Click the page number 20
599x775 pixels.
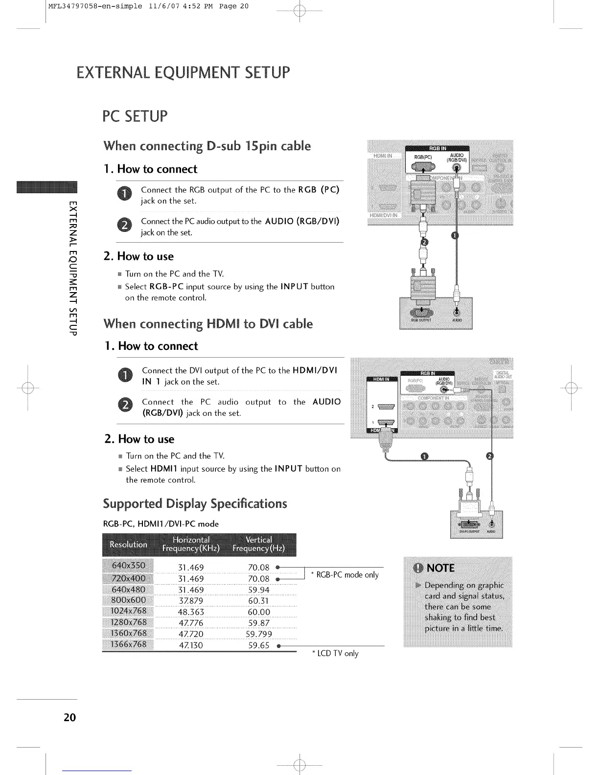coord(69,717)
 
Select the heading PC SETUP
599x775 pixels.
coord(135,116)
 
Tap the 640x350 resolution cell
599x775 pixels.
coord(128,566)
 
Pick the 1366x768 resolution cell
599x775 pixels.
coord(128,644)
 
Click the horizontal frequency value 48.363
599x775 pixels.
coord(191,612)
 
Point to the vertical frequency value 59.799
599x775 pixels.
coord(259,634)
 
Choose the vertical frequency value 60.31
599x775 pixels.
coord(259,601)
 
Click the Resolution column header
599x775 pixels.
coord(128,544)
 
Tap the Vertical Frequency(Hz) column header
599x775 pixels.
coord(259,544)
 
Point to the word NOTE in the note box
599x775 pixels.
coord(440,568)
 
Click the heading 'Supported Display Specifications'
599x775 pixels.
coord(195,504)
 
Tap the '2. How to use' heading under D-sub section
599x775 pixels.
coord(138,256)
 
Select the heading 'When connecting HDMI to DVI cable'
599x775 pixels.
coord(208,324)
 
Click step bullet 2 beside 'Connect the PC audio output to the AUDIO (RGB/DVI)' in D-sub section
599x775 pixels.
coord(125,226)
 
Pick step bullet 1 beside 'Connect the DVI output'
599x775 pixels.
coord(126,376)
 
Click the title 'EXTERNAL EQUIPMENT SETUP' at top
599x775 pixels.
coord(183,73)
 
